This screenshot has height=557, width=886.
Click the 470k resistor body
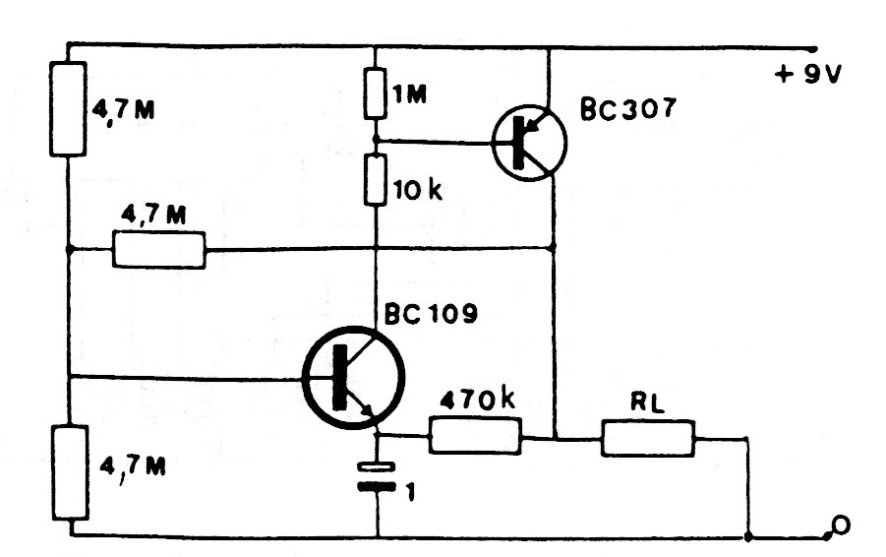pos(474,436)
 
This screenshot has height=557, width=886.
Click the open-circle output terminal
pos(839,528)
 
